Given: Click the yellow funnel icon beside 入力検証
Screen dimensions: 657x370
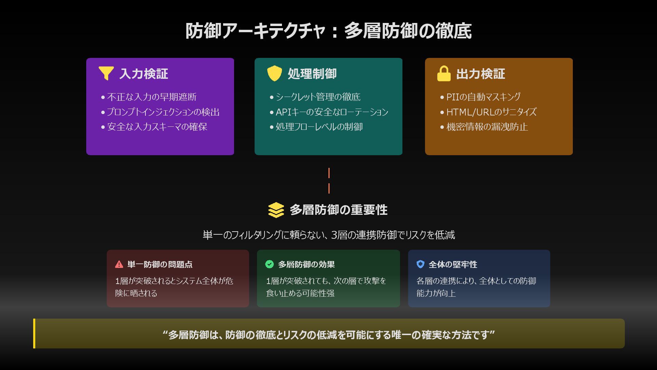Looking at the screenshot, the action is [x=106, y=73].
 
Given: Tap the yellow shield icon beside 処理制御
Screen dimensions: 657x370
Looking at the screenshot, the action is [x=274, y=73].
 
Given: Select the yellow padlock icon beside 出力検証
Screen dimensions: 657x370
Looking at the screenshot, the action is [x=444, y=74].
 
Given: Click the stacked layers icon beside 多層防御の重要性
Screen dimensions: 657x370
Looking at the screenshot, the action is [x=276, y=210].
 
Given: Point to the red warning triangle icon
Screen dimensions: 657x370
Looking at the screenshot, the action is [x=119, y=264].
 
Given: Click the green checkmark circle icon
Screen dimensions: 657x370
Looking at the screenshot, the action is [x=270, y=264].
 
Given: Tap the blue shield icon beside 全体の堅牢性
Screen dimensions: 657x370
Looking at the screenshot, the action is [x=421, y=264].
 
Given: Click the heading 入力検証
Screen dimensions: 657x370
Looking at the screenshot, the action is [x=144, y=74].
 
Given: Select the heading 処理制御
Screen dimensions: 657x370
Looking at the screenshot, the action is [x=312, y=74].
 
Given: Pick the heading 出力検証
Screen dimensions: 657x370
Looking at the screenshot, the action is [x=480, y=74].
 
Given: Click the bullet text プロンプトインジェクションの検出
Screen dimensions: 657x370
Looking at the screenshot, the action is [x=163, y=112].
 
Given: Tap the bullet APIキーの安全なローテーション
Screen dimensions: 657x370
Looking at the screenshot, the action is [x=332, y=112].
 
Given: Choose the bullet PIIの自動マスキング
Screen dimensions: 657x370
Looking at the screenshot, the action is [x=483, y=97].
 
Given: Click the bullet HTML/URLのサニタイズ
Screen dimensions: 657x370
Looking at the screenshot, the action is [x=491, y=112].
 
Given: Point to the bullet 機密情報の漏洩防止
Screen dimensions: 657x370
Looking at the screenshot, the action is [x=487, y=127].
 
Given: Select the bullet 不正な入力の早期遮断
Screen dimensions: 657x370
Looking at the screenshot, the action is [x=152, y=97].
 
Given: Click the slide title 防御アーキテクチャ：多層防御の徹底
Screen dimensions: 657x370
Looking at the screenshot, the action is [x=328, y=31].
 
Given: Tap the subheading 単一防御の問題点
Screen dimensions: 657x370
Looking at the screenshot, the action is [x=160, y=264].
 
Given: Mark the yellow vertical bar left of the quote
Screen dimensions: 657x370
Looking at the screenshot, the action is [x=34, y=333].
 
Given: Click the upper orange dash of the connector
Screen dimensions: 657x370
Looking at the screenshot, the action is [x=329, y=173].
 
